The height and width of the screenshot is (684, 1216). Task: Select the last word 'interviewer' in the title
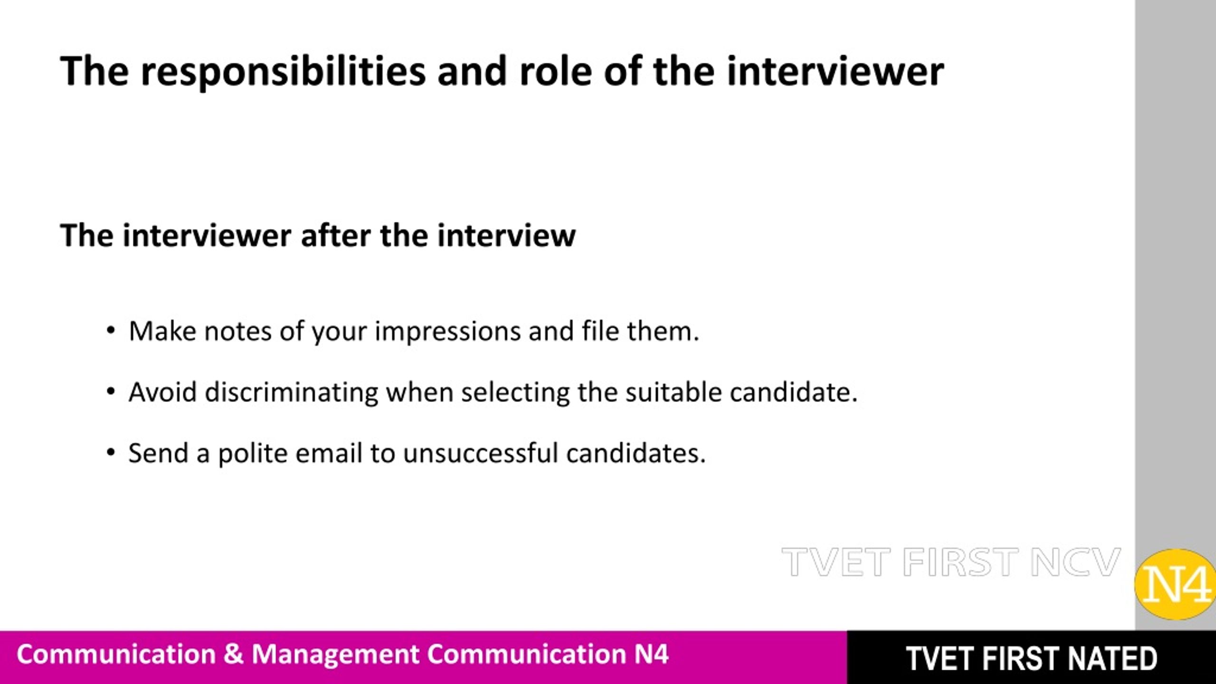[x=835, y=71]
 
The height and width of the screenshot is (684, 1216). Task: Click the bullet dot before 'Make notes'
[x=111, y=331]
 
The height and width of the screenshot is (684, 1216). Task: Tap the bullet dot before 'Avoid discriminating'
[x=111, y=392]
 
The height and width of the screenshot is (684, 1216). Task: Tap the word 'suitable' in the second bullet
[x=673, y=392]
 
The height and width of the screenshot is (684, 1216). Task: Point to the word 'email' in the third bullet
[x=329, y=453]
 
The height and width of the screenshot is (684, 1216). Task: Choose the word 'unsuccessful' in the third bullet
[x=480, y=453]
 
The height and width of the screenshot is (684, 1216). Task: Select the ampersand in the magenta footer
[x=233, y=654]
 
